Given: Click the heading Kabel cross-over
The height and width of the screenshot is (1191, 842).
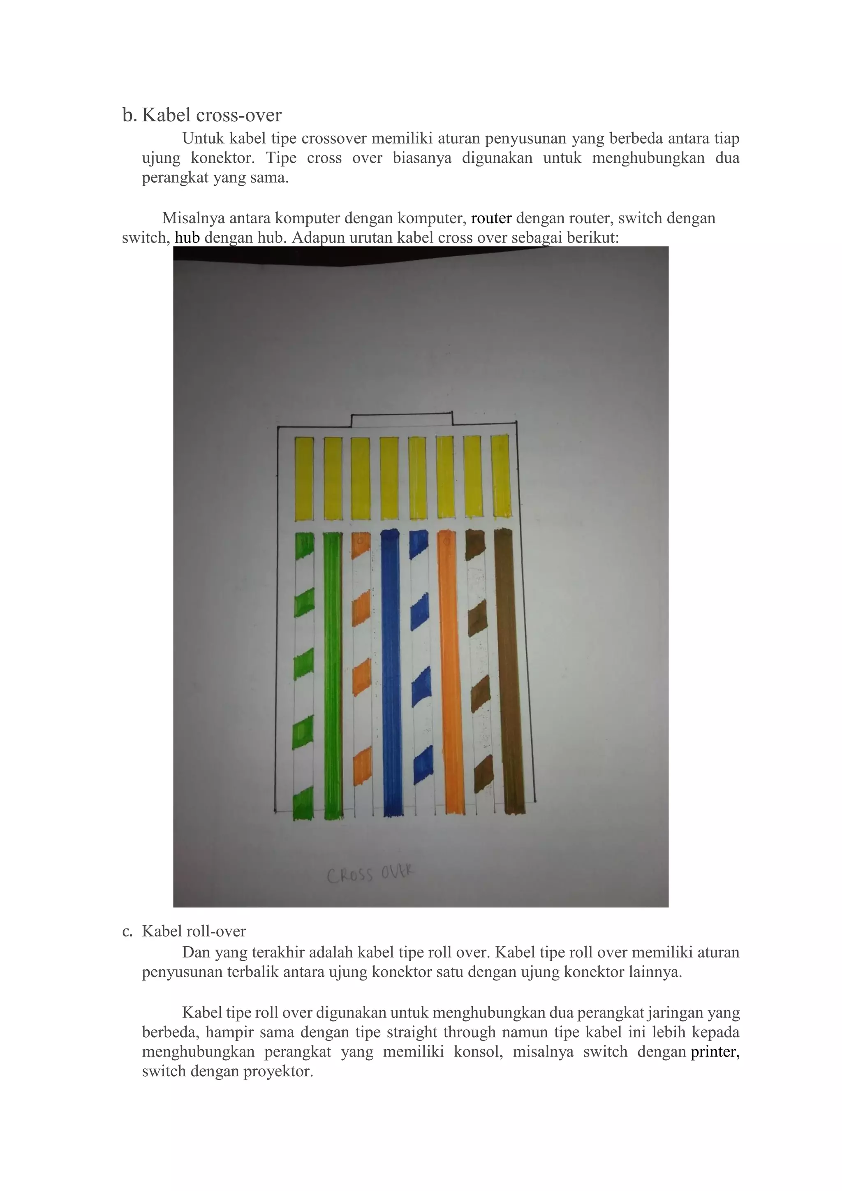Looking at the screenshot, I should [212, 115].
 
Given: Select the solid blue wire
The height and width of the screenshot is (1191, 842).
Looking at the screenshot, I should [392, 674].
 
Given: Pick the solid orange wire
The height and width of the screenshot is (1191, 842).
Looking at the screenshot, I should [449, 674].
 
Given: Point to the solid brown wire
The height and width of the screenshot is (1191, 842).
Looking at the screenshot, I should [508, 674].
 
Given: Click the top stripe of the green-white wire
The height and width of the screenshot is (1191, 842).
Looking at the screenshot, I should [304, 546].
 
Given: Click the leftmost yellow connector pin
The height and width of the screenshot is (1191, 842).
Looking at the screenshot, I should [304, 478].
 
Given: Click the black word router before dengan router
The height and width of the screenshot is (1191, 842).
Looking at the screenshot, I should [491, 218].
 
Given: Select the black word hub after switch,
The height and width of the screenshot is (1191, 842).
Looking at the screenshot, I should [187, 238].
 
